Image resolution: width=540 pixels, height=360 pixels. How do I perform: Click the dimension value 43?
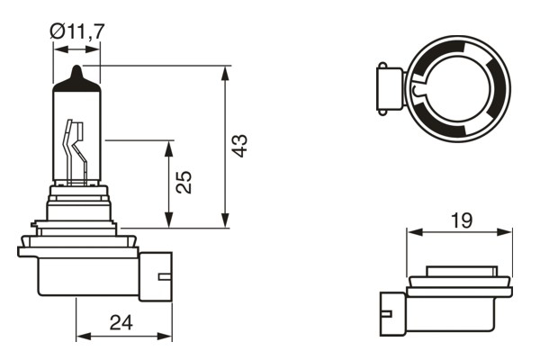[x=238, y=146]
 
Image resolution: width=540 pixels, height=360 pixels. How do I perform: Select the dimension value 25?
[x=184, y=183]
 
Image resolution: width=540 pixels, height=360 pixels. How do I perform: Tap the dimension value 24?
[x=122, y=322]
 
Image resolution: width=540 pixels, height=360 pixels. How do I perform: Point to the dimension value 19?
[x=460, y=218]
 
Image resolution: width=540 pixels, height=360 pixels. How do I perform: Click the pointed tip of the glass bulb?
[x=77, y=70]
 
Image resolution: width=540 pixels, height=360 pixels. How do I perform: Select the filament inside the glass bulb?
[x=75, y=148]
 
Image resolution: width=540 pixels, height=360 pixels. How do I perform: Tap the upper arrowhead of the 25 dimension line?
[x=168, y=146]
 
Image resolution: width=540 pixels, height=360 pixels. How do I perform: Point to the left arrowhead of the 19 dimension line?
[x=412, y=232]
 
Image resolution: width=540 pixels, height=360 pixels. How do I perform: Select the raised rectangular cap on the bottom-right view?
[x=460, y=271]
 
